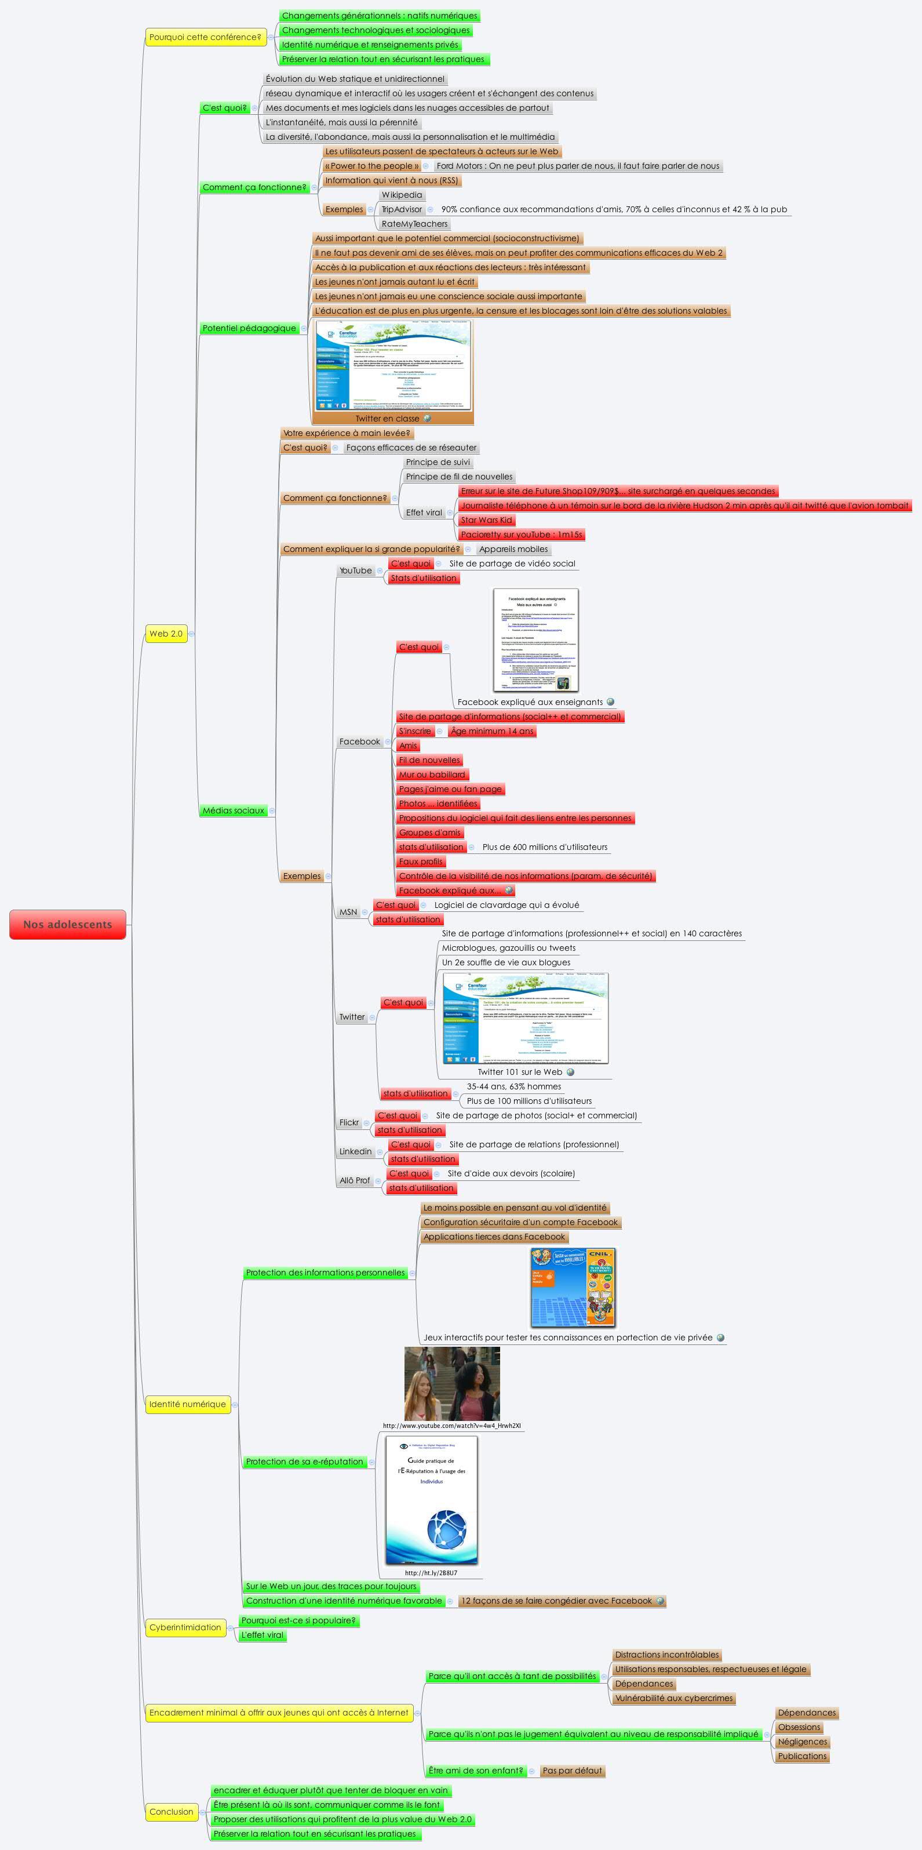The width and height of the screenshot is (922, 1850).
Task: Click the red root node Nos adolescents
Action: click(x=67, y=924)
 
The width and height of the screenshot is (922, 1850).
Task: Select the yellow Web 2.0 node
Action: click(x=166, y=634)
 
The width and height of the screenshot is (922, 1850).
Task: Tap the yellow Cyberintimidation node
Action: click(x=185, y=1627)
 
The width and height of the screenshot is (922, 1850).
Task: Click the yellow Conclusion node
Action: click(x=172, y=1812)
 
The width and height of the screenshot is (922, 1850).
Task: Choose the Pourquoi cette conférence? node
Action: click(x=205, y=37)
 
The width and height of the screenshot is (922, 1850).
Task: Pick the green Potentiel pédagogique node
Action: click(x=249, y=328)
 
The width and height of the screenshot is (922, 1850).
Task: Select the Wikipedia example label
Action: click(x=402, y=195)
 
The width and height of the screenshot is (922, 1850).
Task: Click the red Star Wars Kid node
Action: click(x=486, y=520)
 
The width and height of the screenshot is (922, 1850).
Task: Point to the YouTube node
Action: click(x=355, y=571)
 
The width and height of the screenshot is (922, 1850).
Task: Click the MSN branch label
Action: click(x=348, y=912)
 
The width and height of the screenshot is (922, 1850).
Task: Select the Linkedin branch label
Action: click(x=355, y=1152)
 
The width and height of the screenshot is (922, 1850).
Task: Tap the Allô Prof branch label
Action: click(x=355, y=1180)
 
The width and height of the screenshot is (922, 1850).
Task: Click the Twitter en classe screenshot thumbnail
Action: click(x=393, y=366)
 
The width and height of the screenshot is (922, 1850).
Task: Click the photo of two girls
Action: click(x=451, y=1383)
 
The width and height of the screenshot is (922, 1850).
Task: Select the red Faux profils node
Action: click(x=421, y=862)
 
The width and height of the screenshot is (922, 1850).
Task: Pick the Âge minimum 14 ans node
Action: click(x=493, y=731)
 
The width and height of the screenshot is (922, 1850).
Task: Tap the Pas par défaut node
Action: click(x=573, y=1770)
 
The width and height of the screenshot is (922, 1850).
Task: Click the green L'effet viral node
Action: click(x=262, y=1634)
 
